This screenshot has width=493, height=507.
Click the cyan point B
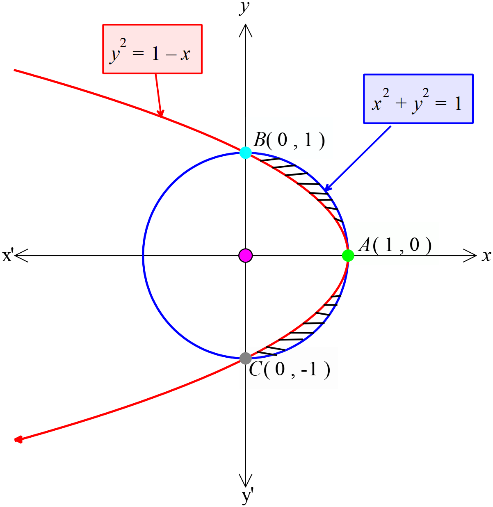(x=245, y=153)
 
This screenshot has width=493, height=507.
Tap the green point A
(x=348, y=256)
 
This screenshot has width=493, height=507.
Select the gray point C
(x=245, y=358)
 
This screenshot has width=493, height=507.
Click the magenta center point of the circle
(x=245, y=256)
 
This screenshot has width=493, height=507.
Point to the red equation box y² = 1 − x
(x=152, y=49)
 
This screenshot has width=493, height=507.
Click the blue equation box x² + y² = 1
(x=418, y=99)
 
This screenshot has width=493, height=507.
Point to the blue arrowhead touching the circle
(x=326, y=189)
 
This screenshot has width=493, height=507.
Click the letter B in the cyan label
(x=260, y=140)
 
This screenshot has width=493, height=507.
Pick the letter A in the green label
(x=365, y=245)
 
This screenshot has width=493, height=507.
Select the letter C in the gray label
(x=255, y=369)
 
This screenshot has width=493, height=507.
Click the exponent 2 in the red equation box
(x=123, y=43)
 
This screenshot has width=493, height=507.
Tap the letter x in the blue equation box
(x=377, y=104)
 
